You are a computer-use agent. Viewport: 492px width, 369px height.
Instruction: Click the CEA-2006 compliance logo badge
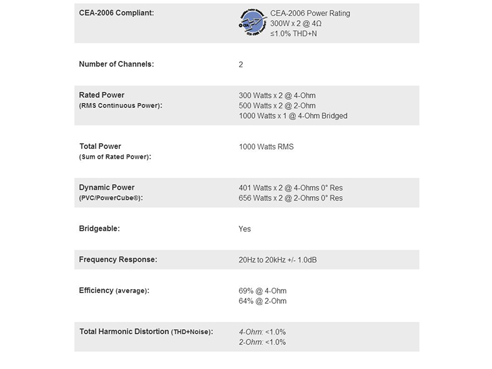[252, 24]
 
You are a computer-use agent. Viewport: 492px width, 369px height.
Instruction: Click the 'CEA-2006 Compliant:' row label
[117, 13]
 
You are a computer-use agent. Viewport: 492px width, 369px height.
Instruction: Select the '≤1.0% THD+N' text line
[295, 33]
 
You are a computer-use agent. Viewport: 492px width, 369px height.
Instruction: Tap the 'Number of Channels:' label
[117, 64]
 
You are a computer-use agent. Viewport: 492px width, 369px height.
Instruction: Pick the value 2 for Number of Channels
[241, 64]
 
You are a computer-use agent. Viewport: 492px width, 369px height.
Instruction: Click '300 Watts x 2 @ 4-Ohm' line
[277, 95]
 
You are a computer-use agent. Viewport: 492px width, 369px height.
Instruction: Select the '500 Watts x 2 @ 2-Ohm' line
[277, 106]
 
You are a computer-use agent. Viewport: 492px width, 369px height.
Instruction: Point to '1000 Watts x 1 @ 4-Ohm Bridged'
[293, 116]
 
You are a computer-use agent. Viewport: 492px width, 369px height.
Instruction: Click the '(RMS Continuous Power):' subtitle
[121, 106]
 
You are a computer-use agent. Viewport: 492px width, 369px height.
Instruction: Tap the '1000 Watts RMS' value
[266, 147]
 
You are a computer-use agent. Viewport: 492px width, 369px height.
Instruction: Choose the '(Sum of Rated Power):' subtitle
[115, 157]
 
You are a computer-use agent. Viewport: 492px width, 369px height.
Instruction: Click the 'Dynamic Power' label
[107, 188]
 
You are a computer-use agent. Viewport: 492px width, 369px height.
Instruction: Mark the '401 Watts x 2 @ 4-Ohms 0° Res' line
[290, 188]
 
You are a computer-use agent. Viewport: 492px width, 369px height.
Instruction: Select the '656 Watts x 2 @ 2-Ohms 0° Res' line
[290, 198]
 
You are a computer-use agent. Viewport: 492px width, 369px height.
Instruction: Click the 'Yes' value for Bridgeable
[245, 229]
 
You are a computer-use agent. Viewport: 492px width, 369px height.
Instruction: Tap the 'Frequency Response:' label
[118, 260]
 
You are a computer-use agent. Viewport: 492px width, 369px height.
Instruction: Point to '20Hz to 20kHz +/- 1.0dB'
[277, 260]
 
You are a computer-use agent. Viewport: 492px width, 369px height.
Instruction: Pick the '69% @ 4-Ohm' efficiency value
[262, 291]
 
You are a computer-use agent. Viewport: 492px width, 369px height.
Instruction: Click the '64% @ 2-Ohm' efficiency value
[262, 301]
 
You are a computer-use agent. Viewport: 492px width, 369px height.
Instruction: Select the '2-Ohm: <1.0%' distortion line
[262, 342]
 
